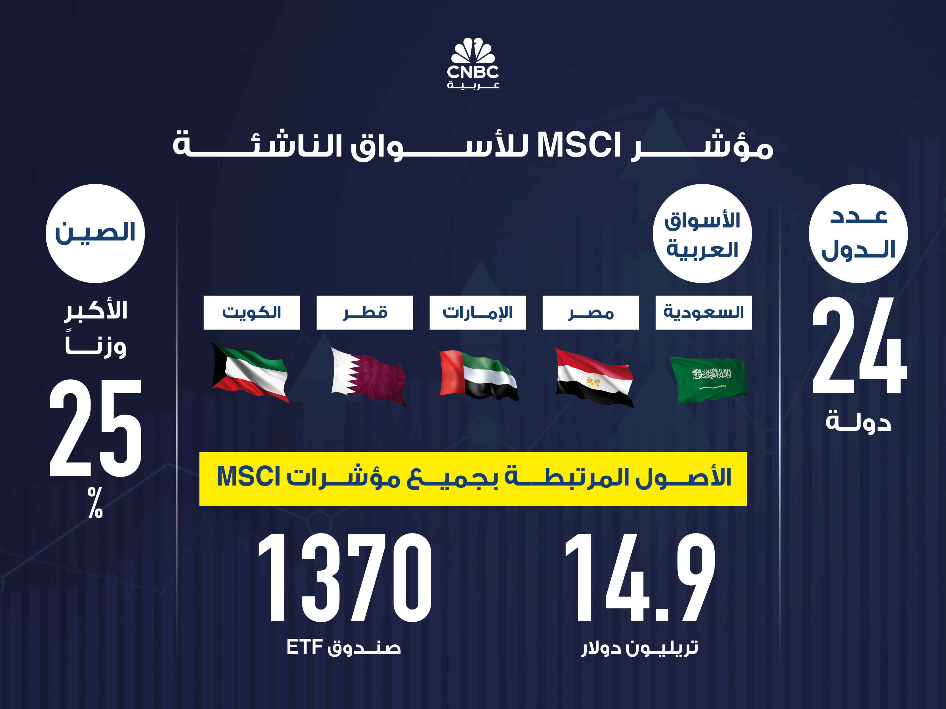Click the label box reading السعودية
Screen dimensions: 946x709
click(x=704, y=313)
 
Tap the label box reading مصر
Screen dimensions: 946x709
click(x=591, y=313)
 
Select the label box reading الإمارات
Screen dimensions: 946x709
click(x=478, y=313)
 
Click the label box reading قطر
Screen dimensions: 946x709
click(x=365, y=313)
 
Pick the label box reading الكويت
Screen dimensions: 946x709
click(x=251, y=313)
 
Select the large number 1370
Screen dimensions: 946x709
click(x=345, y=578)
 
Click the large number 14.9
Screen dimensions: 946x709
click(x=640, y=578)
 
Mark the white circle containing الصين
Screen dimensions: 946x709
click(x=95, y=233)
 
